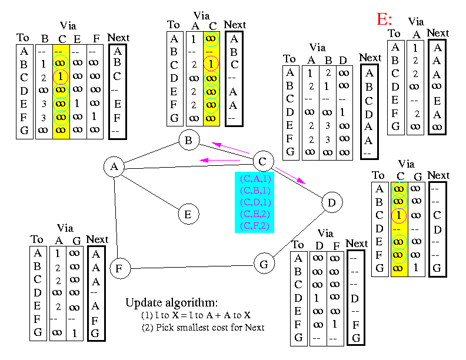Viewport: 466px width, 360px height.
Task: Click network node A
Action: [x=114, y=166]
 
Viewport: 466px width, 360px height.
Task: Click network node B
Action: [x=189, y=140]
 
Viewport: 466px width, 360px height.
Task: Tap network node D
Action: [x=332, y=202]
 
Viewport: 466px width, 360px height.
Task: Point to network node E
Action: [x=188, y=214]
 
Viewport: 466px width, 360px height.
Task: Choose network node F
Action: [x=120, y=268]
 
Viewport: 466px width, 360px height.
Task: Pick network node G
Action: [x=264, y=264]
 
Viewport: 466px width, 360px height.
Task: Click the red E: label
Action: [x=384, y=19]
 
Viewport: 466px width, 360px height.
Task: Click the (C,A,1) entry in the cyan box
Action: [x=255, y=179]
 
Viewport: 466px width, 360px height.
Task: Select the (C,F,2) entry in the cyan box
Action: [x=254, y=226]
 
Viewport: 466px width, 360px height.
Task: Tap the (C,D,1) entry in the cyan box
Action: [x=255, y=202]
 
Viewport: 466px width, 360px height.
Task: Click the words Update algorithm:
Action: [x=171, y=303]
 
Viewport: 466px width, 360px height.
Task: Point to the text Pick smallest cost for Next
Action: [x=210, y=327]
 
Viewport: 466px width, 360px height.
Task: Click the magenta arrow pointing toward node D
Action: [x=290, y=175]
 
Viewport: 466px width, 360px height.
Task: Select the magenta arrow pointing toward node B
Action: [x=230, y=148]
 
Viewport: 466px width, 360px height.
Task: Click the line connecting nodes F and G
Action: [x=192, y=267]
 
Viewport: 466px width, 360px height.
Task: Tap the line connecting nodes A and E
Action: [x=151, y=192]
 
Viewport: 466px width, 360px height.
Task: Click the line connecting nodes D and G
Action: [x=299, y=234]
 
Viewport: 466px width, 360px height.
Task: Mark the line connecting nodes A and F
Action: [x=116, y=218]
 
